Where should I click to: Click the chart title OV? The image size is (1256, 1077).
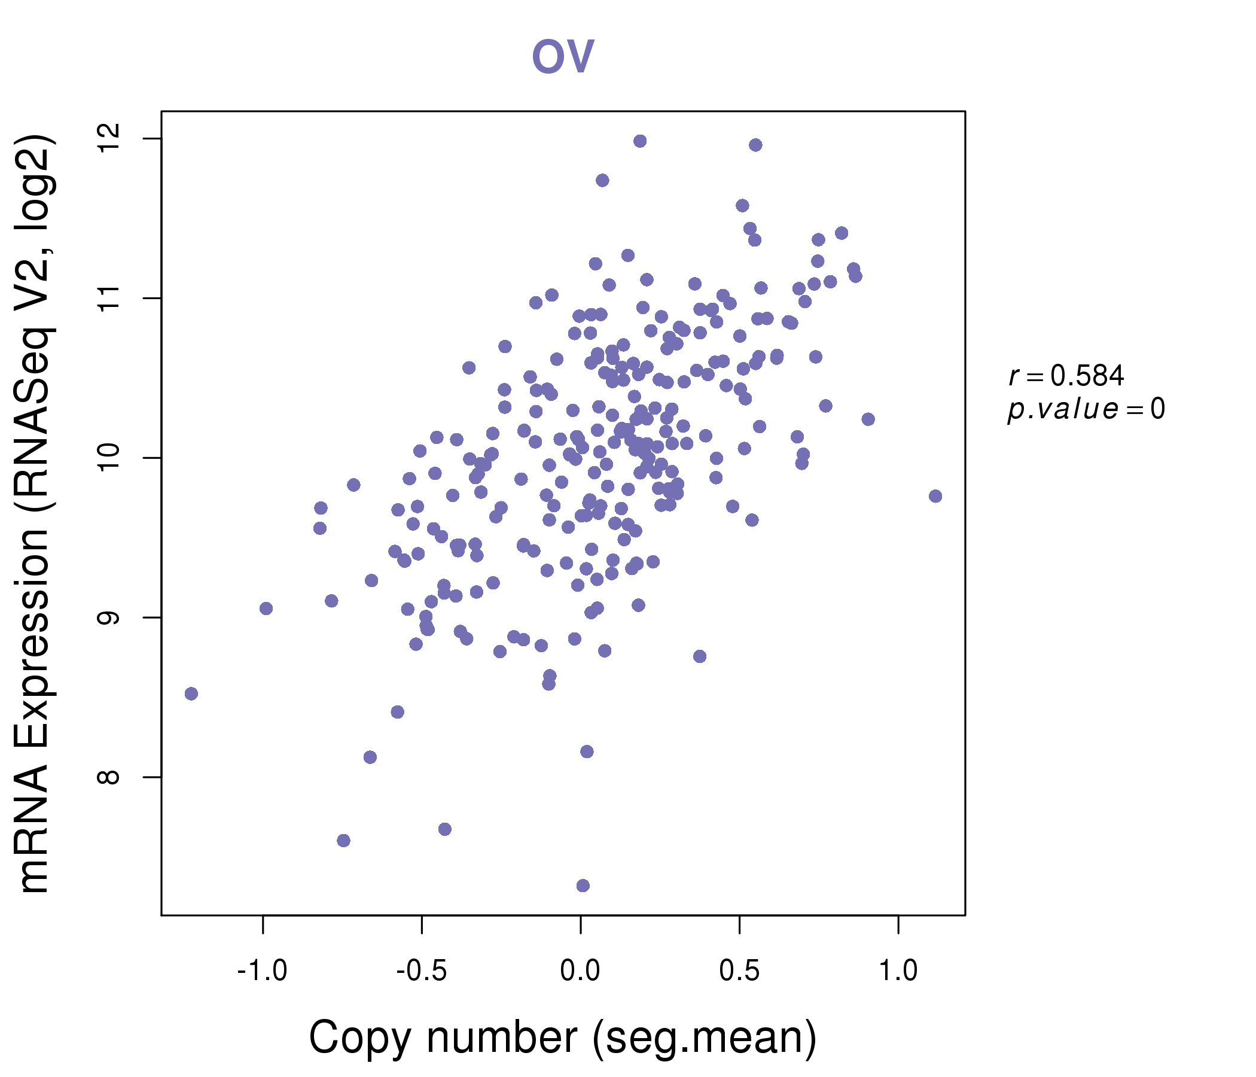pos(563,56)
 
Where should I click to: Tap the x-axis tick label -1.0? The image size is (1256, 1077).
pos(263,971)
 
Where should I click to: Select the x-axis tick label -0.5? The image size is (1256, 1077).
pos(421,971)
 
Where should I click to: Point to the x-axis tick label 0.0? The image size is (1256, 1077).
pos(580,971)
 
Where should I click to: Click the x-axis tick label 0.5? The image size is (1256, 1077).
pos(739,971)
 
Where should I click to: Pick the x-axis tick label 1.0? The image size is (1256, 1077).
pos(898,971)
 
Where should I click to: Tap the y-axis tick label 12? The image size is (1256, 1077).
pos(109,139)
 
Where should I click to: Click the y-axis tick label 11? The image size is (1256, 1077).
pos(109,299)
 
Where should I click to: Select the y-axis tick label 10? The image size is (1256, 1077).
pos(109,458)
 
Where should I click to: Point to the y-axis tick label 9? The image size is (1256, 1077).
pos(109,617)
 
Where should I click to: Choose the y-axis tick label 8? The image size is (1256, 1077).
pos(109,777)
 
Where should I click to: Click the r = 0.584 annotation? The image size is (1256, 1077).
pos(1066,376)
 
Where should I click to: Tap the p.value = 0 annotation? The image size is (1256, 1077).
pos(1086,409)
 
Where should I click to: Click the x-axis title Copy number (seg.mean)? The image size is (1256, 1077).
pos(563,1037)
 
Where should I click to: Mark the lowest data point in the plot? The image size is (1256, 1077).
pos(583,886)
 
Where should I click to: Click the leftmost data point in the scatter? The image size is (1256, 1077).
pos(191,693)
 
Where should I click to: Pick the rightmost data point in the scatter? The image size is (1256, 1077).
pos(935,496)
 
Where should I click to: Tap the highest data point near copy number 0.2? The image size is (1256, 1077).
pos(639,141)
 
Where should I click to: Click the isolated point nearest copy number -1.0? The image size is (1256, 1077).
pos(266,609)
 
